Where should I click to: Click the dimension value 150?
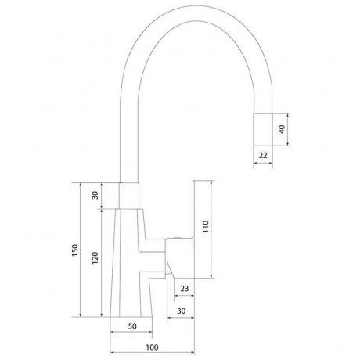coord(75,250)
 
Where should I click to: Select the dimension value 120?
coord(95,257)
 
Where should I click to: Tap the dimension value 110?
coord(206,227)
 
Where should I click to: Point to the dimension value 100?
coord(152,347)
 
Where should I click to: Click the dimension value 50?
coord(132,326)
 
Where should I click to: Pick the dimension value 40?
coord(282,129)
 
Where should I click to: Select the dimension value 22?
coord(263,155)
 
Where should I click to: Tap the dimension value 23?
coord(184,289)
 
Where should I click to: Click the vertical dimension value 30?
coord(95,195)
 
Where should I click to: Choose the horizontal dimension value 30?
coord(181,311)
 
